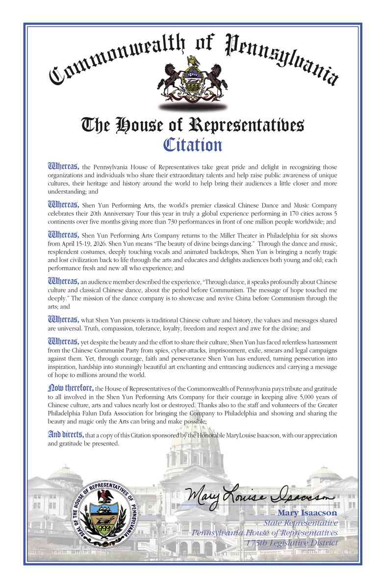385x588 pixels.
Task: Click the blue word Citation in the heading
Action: pyautogui.click(x=192, y=145)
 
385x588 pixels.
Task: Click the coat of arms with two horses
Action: pyautogui.click(x=192, y=78)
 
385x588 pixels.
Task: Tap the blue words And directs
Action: pyautogui.click(x=66, y=434)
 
